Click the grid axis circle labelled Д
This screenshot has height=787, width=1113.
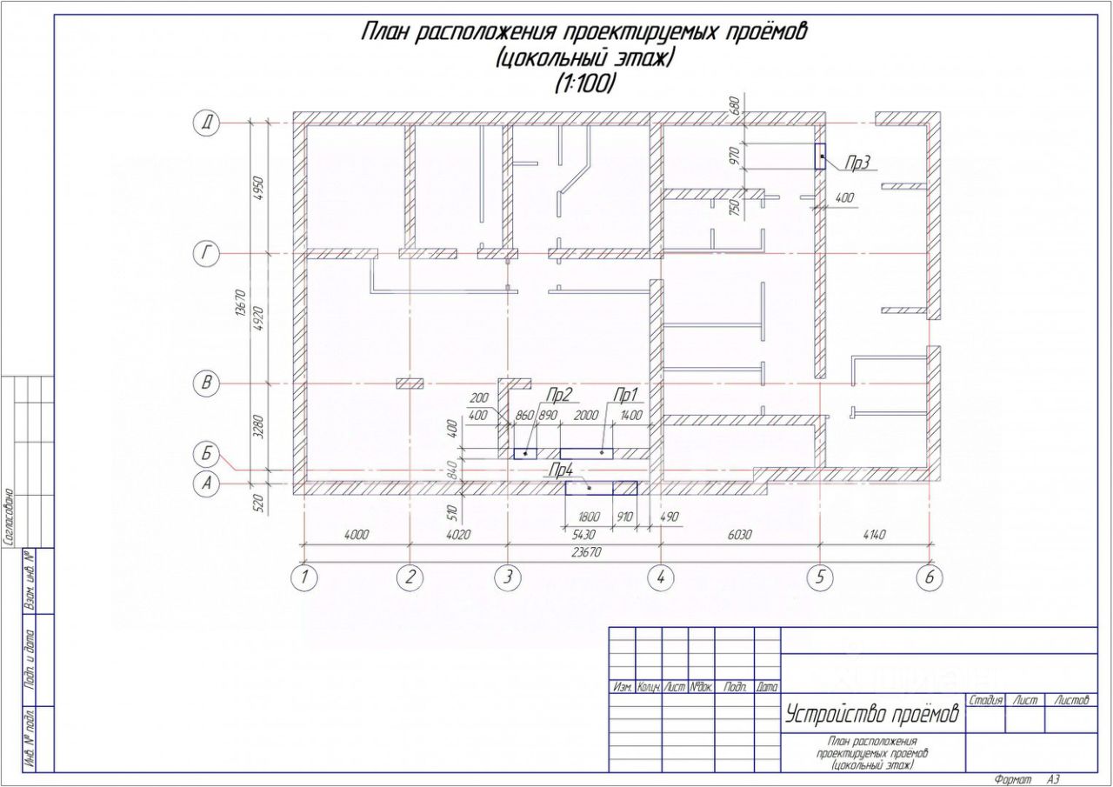206,124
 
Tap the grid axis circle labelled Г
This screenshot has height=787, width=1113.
206,253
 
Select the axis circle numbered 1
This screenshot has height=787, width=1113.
303,577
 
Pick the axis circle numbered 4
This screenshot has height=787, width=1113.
660,577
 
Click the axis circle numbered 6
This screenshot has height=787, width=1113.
930,577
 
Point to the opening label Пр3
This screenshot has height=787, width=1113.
857,163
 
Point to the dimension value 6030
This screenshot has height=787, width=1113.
739,535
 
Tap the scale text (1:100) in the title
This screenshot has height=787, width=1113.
585,83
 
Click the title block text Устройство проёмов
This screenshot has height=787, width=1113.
872,715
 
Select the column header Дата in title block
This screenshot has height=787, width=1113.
767,687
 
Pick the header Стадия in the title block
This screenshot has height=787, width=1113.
985,700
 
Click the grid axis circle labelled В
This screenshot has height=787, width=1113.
206,383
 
